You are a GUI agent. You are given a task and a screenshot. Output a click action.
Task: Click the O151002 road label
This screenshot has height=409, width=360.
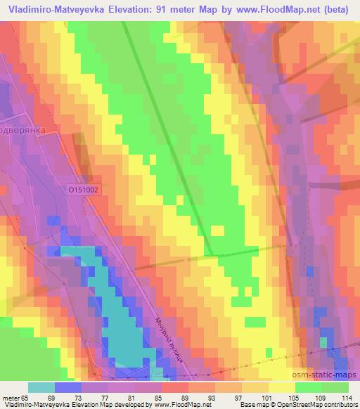pyautogui.click(x=84, y=190)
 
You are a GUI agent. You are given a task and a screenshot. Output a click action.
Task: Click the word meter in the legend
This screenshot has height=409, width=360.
pyautogui.click(x=11, y=397)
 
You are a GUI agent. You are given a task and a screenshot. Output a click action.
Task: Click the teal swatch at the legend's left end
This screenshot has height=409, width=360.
pyautogui.click(x=41, y=387)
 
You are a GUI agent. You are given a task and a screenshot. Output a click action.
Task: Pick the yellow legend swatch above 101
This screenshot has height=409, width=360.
pyautogui.click(x=281, y=387)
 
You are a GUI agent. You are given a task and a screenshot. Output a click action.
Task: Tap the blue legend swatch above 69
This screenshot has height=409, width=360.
pyautogui.click(x=68, y=387)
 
